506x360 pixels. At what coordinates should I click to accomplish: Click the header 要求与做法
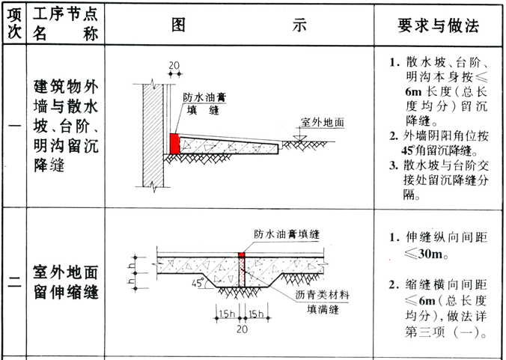437,24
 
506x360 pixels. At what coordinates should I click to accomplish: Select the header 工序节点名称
67,24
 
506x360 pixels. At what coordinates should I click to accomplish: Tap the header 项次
14,24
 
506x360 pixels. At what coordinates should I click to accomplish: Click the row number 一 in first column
14,126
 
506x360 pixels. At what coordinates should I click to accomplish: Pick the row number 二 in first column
14,282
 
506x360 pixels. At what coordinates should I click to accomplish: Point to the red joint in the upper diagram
174,144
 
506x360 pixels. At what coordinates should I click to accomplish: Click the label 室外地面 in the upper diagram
323,121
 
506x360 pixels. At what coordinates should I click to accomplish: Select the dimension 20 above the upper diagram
174,64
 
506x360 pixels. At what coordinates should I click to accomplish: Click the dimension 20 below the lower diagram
241,328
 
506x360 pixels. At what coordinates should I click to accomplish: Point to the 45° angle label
198,284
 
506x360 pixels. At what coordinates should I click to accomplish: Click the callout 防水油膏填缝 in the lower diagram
287,235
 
